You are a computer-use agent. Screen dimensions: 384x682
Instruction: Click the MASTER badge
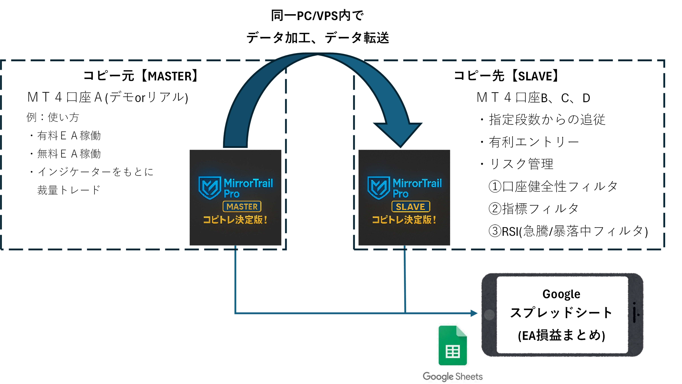point(242,207)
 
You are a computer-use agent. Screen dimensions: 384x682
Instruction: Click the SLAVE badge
point(411,207)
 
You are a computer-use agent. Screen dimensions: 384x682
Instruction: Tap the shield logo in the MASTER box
point(210,187)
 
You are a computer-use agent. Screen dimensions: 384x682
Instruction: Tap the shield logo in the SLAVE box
point(379,187)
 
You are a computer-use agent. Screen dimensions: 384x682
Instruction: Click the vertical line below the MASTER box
point(235,280)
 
